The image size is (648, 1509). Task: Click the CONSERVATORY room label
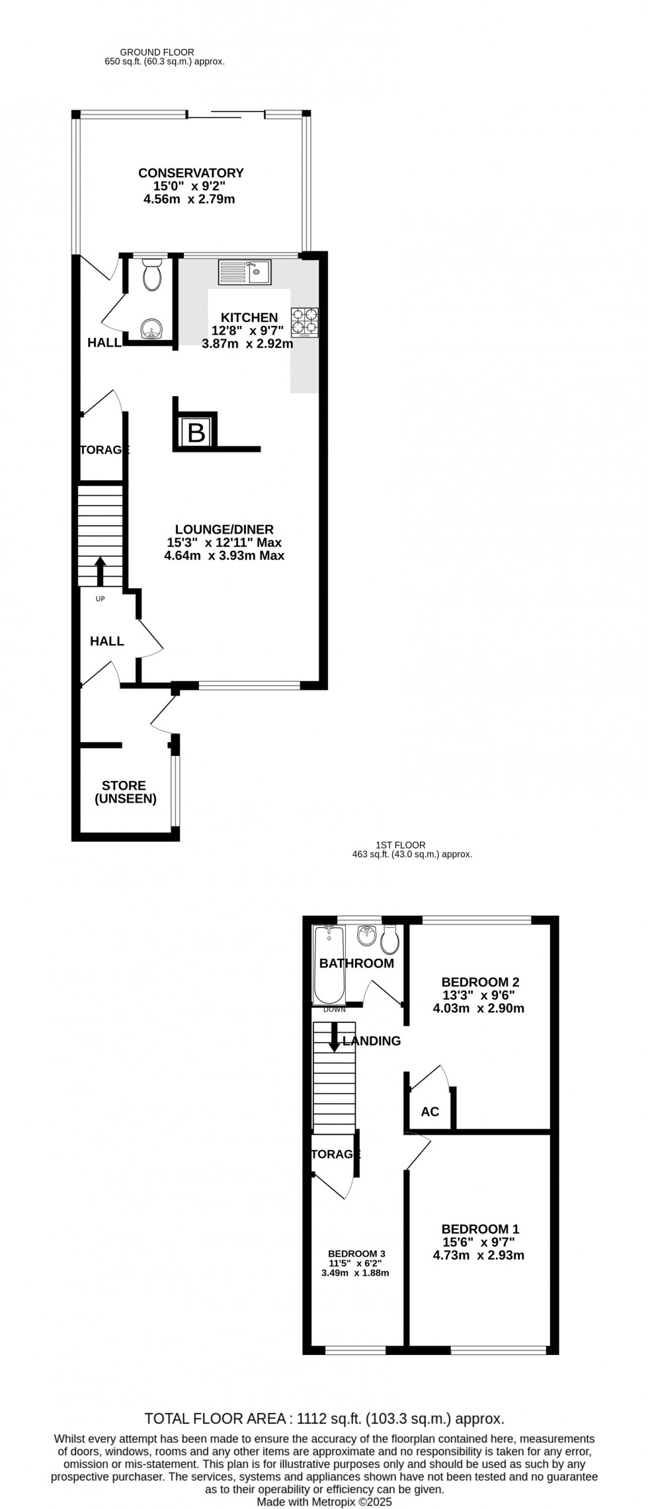click(190, 173)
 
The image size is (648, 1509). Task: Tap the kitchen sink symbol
click(245, 272)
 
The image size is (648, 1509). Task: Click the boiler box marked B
click(196, 433)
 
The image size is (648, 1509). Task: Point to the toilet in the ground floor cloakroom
click(152, 275)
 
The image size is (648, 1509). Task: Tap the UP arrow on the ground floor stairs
click(101, 571)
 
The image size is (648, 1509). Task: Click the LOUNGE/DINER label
click(224, 529)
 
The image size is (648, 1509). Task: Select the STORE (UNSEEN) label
click(125, 792)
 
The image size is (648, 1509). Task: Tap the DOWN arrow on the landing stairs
click(335, 1038)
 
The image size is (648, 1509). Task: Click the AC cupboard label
click(430, 1112)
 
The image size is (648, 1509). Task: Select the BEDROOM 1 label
click(480, 1229)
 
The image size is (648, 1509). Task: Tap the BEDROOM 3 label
click(356, 1253)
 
